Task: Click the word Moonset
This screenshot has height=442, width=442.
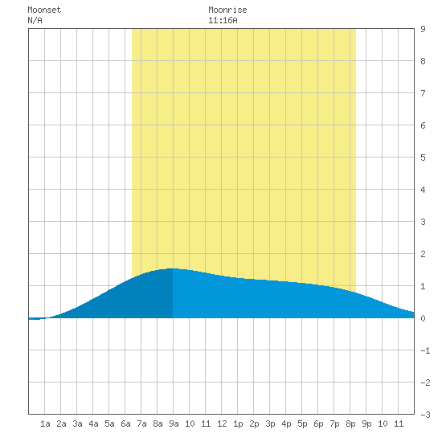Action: pos(44,10)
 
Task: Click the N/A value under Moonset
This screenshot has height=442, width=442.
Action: pos(35,20)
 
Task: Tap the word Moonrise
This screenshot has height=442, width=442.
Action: pos(227,10)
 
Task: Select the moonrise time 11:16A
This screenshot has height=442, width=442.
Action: pos(223,20)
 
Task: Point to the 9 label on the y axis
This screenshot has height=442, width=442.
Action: pos(423,29)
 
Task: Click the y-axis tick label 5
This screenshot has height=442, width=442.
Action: pos(423,158)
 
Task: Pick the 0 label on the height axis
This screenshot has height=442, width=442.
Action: pos(423,318)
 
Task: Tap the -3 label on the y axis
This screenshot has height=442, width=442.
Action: pos(425,415)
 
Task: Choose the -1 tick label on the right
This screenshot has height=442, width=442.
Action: pos(425,350)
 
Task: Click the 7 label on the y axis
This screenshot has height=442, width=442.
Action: pos(423,93)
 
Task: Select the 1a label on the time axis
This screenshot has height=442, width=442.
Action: pos(45,424)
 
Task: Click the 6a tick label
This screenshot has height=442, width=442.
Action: pos(125,424)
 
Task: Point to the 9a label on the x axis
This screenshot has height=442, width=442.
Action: pos(174,424)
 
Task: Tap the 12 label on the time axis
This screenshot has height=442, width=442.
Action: pos(222,424)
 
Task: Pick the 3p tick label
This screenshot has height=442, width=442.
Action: pos(270,424)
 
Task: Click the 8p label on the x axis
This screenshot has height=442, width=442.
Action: pos(350,424)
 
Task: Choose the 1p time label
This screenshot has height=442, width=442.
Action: pos(238,424)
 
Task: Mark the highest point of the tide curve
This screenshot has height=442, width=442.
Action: pos(173,268)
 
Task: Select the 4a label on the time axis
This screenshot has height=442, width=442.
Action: pos(93,424)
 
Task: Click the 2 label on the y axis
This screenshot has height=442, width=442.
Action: pos(423,254)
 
